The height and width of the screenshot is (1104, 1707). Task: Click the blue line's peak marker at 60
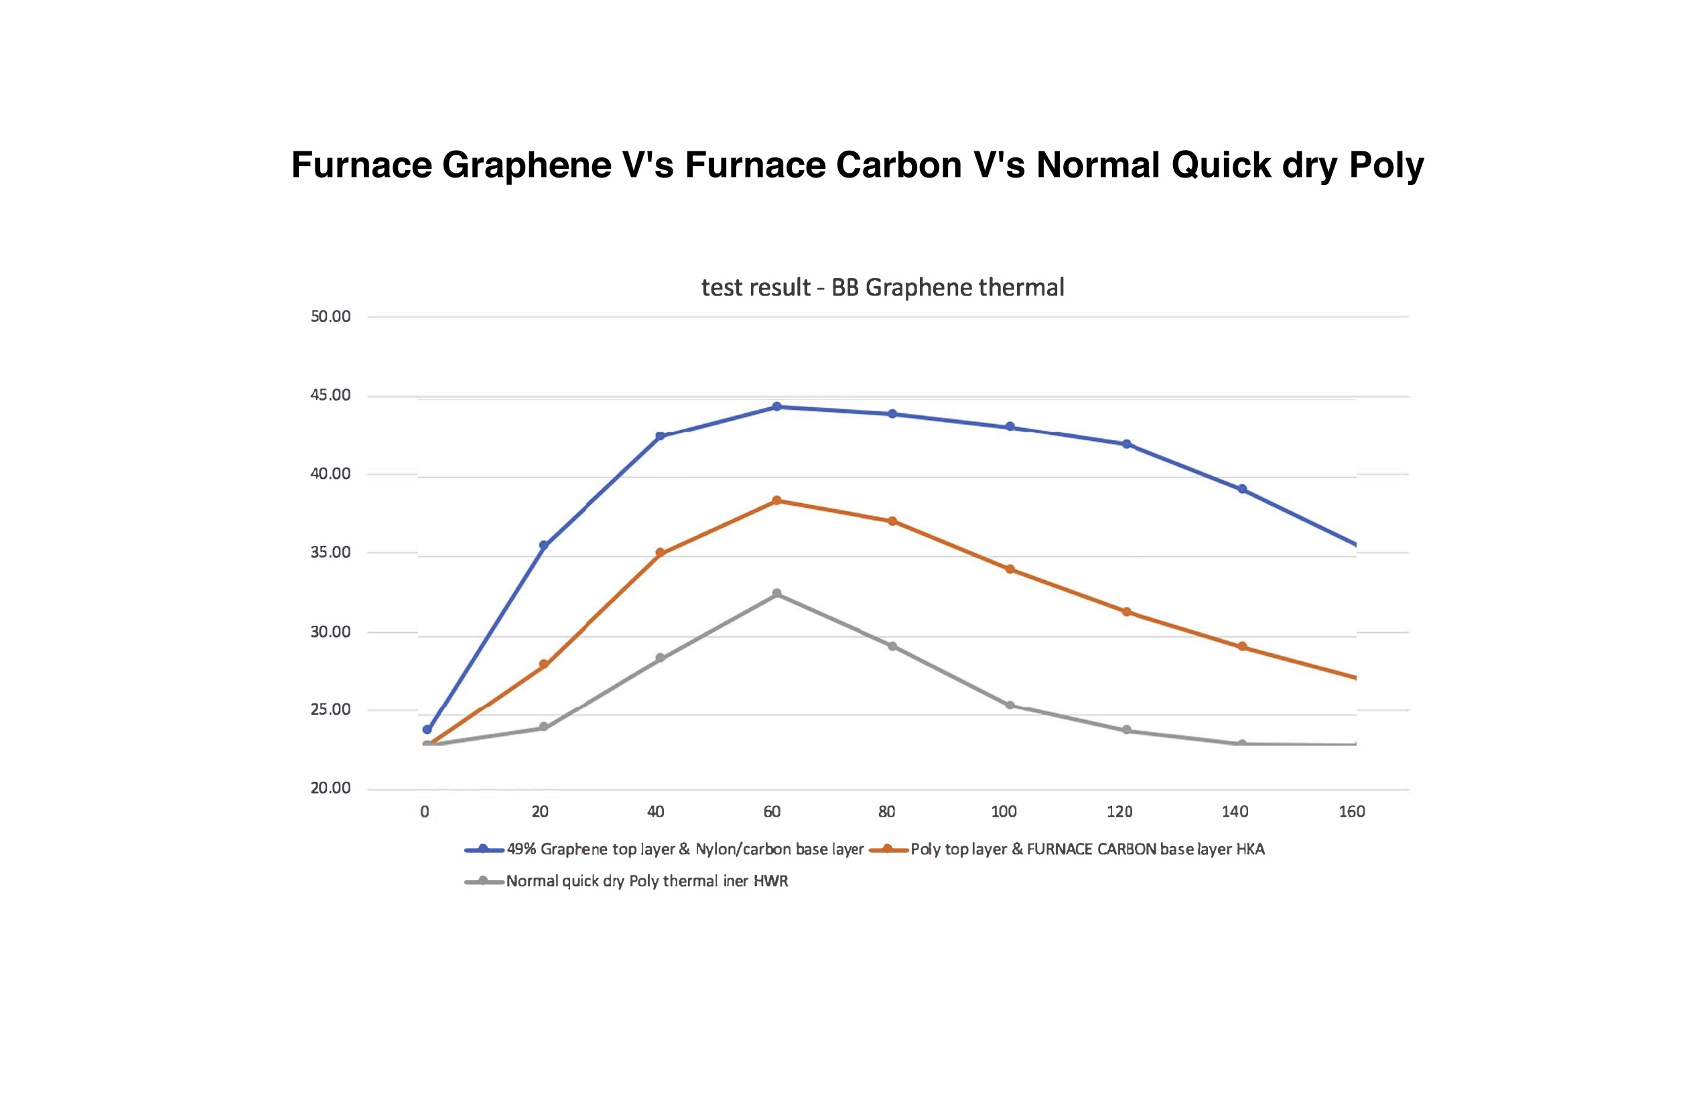(x=776, y=407)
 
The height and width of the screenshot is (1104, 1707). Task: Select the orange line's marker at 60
(x=776, y=500)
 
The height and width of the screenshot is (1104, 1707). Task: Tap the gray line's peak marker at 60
(x=776, y=594)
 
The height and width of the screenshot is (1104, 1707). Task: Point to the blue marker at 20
(x=543, y=545)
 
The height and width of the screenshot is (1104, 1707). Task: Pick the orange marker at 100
(x=1010, y=569)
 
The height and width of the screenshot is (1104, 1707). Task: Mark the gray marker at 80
(x=892, y=646)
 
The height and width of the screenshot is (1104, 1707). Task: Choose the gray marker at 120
(x=1126, y=730)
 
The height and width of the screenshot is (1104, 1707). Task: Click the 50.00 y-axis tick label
(x=330, y=317)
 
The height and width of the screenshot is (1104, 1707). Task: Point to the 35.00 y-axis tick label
(x=330, y=553)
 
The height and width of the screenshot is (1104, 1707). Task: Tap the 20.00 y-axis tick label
(x=330, y=788)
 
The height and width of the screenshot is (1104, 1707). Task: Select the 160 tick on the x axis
(x=1351, y=811)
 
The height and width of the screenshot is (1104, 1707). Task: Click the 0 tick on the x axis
(x=425, y=811)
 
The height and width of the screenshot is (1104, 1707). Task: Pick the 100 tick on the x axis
(x=1004, y=811)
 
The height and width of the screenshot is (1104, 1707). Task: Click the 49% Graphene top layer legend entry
(x=685, y=849)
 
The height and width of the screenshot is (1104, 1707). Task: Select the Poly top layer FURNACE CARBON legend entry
(x=1087, y=849)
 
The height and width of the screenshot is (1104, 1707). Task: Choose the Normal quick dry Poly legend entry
(x=646, y=881)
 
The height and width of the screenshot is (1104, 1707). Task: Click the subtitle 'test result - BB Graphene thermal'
(x=882, y=287)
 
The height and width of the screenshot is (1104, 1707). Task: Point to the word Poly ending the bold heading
(x=1387, y=165)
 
